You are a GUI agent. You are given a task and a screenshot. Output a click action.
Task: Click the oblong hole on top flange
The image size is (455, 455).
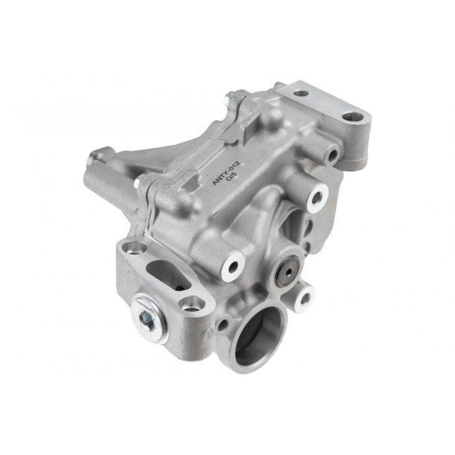(354, 118)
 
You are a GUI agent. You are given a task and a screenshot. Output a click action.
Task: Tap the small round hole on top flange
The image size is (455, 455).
(301, 94)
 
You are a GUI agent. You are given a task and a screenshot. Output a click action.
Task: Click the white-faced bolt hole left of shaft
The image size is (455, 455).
(232, 263)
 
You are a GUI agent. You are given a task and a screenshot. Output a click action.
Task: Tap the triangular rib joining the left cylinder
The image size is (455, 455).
(140, 159)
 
